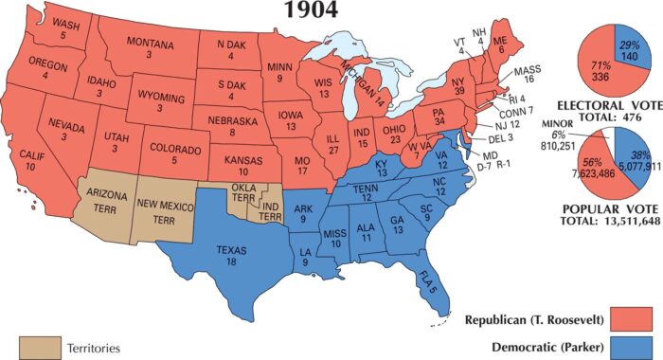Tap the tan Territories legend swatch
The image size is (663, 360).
(x=37, y=348)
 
